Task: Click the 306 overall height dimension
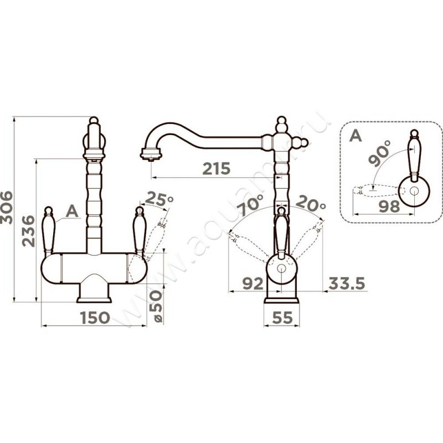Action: pyautogui.click(x=7, y=208)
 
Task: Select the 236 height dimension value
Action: pyautogui.click(x=29, y=231)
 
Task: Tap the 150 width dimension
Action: pyautogui.click(x=95, y=317)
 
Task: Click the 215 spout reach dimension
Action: pyautogui.click(x=217, y=168)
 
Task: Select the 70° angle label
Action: pyautogui.click(x=250, y=205)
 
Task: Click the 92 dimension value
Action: pyautogui.click(x=253, y=284)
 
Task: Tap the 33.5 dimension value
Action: pyautogui.click(x=347, y=284)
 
